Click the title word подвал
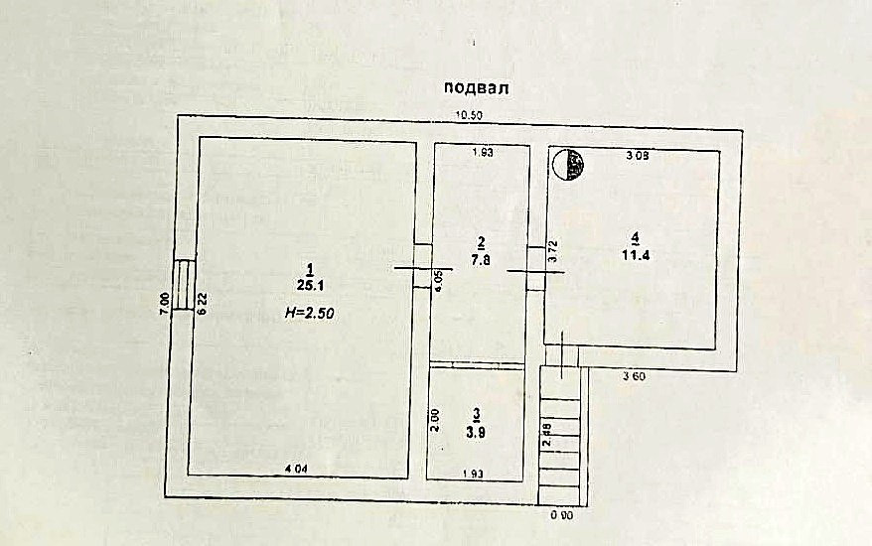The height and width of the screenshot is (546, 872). pyautogui.click(x=477, y=88)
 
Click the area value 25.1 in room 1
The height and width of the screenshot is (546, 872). pyautogui.click(x=310, y=285)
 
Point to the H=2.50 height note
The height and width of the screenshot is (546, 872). pyautogui.click(x=309, y=312)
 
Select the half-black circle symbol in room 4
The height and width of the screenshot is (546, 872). pyautogui.click(x=567, y=164)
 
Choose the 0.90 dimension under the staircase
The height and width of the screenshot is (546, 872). pyautogui.click(x=562, y=516)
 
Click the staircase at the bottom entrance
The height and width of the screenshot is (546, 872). pyautogui.click(x=562, y=437)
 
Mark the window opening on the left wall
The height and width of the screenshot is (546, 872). pyautogui.click(x=184, y=285)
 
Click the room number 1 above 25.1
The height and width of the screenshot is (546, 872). pyautogui.click(x=310, y=268)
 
